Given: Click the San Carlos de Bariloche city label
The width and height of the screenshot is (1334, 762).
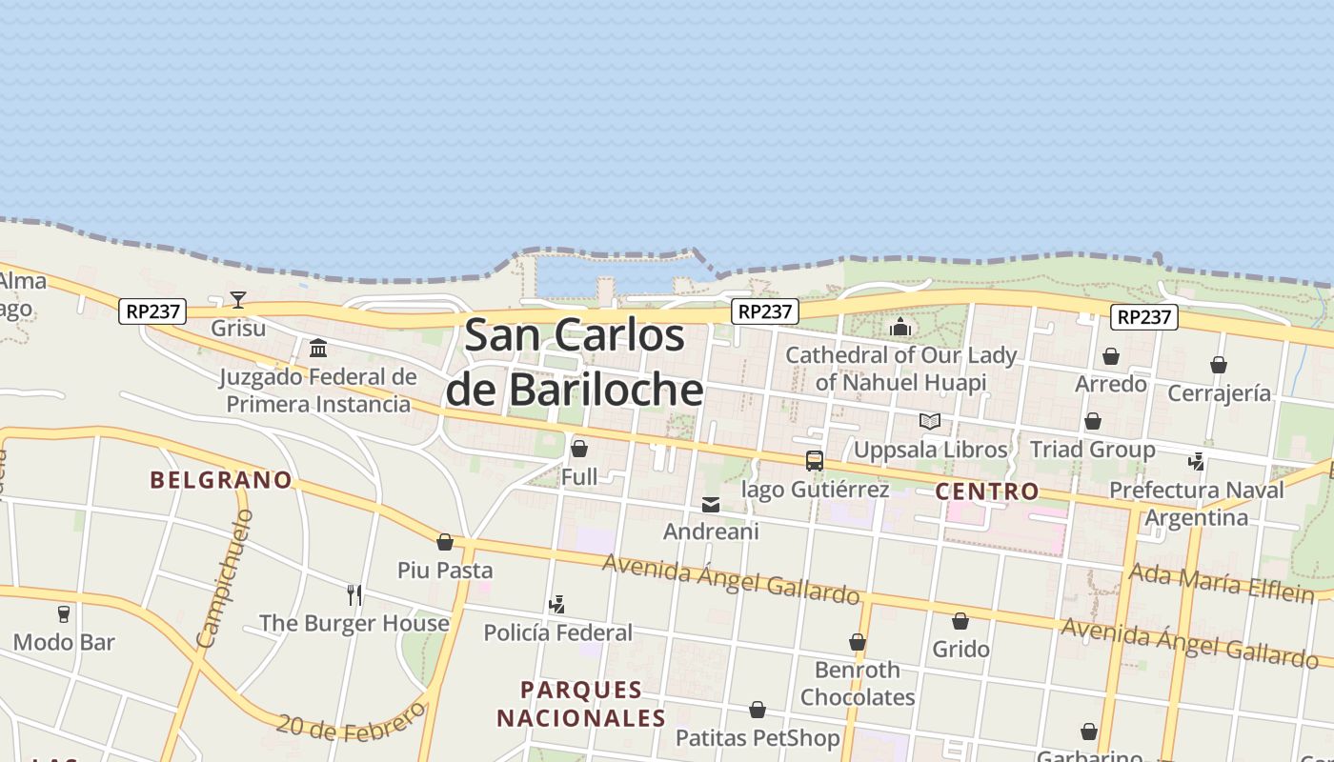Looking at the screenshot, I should (x=575, y=363).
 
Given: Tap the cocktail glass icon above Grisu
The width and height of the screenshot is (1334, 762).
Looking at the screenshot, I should (x=238, y=300).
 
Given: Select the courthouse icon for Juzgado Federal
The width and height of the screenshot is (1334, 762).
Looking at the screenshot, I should (x=318, y=348).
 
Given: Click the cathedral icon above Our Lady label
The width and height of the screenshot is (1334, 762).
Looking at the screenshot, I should (x=900, y=328).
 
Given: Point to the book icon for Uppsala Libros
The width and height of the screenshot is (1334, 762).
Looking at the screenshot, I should (x=930, y=421).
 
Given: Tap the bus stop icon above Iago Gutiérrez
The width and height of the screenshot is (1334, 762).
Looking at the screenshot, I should (x=815, y=461).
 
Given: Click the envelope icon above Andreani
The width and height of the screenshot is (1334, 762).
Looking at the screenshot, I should (x=711, y=504).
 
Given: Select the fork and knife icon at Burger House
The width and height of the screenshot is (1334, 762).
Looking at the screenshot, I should (x=354, y=595).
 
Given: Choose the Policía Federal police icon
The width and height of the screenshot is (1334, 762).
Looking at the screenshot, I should (x=557, y=604).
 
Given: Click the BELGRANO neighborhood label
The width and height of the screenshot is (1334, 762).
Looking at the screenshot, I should (x=221, y=480).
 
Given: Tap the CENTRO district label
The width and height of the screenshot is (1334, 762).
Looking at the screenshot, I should (x=987, y=491).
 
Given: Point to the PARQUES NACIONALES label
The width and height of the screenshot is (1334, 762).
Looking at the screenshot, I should (x=581, y=703).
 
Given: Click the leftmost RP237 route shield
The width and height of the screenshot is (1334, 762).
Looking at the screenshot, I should (x=152, y=311).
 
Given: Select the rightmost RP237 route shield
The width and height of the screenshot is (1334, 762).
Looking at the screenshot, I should (x=1143, y=317).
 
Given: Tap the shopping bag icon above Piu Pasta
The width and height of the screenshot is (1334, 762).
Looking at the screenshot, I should (x=445, y=542).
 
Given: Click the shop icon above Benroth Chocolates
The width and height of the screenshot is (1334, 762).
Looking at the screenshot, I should (x=858, y=642).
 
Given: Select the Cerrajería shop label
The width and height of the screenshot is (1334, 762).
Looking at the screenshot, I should (x=1219, y=392).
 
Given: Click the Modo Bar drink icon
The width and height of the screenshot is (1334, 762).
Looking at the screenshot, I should (x=64, y=613).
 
